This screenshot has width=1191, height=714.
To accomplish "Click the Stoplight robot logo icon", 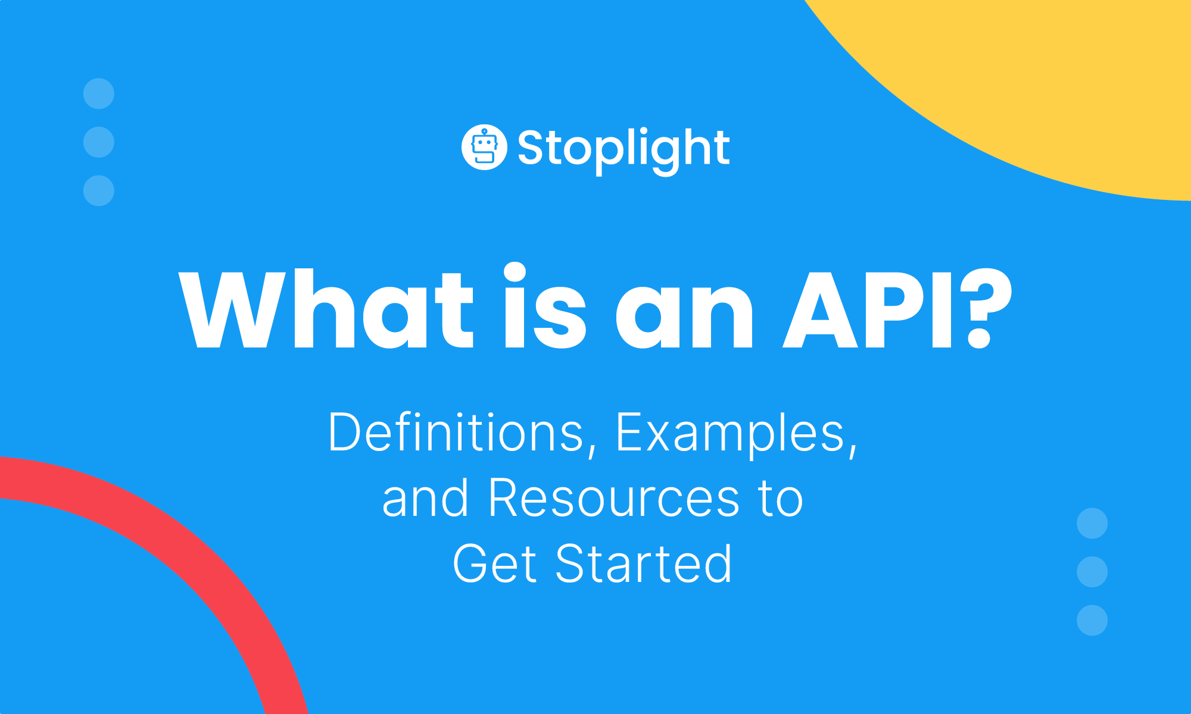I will point(484,148).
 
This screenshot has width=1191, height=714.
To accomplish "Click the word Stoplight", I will point(623,149).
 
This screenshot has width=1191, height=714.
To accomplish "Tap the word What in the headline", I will point(326,309).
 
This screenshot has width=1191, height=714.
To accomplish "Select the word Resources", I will point(614,498).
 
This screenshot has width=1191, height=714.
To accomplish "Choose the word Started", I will point(644,563).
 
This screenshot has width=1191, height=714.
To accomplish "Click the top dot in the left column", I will point(99,94).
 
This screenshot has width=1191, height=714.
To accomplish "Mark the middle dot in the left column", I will point(99,142).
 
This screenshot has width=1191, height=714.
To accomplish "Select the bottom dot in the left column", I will point(99,190).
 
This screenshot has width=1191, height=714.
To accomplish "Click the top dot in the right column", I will point(1092,524).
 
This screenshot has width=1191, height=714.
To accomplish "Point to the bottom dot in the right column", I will point(1092,620).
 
